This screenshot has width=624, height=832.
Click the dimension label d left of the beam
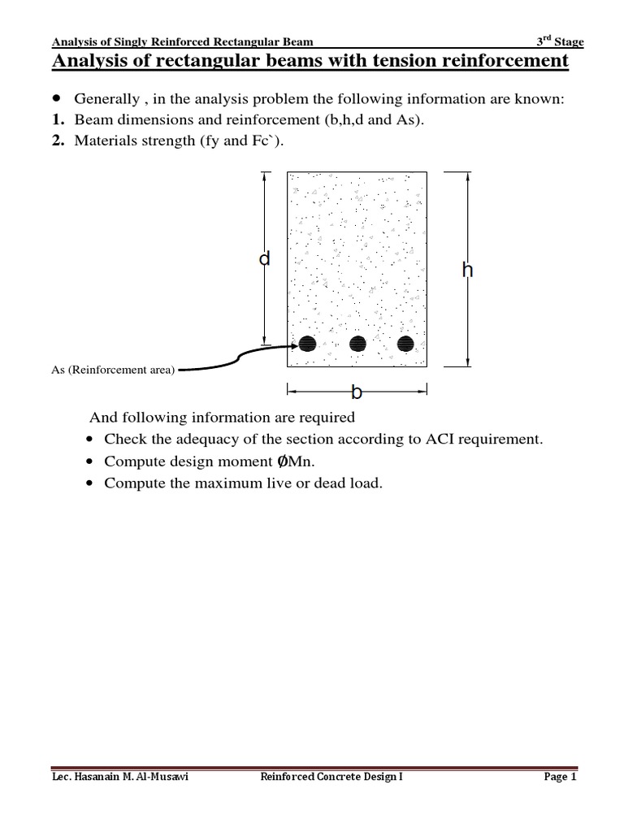click(264, 259)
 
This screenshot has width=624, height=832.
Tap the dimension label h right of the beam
click(467, 271)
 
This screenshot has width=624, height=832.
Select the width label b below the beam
click(356, 392)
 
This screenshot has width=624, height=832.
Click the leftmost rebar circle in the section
click(307, 344)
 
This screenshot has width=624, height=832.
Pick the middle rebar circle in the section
click(357, 344)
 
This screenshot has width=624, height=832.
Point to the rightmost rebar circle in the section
click(405, 344)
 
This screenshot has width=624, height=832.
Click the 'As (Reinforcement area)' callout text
click(112, 370)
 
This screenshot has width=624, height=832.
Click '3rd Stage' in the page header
click(560, 42)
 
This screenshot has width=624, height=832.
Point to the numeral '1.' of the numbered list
click(58, 120)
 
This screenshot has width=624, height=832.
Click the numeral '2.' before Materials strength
click(58, 141)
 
